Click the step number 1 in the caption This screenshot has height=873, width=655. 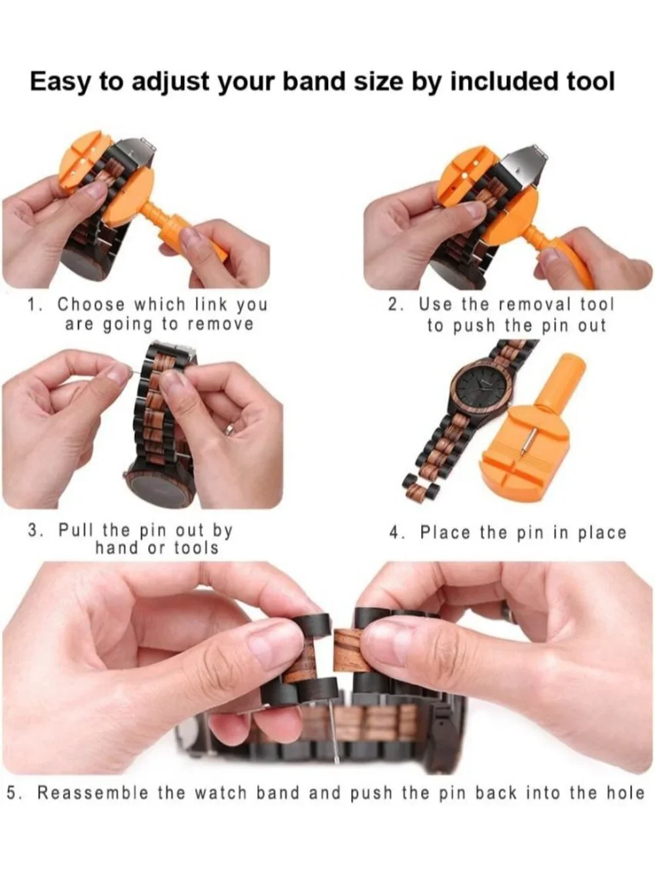point(33,305)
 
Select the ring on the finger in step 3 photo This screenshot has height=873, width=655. point(231,430)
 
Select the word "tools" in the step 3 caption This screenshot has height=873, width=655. point(196,548)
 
